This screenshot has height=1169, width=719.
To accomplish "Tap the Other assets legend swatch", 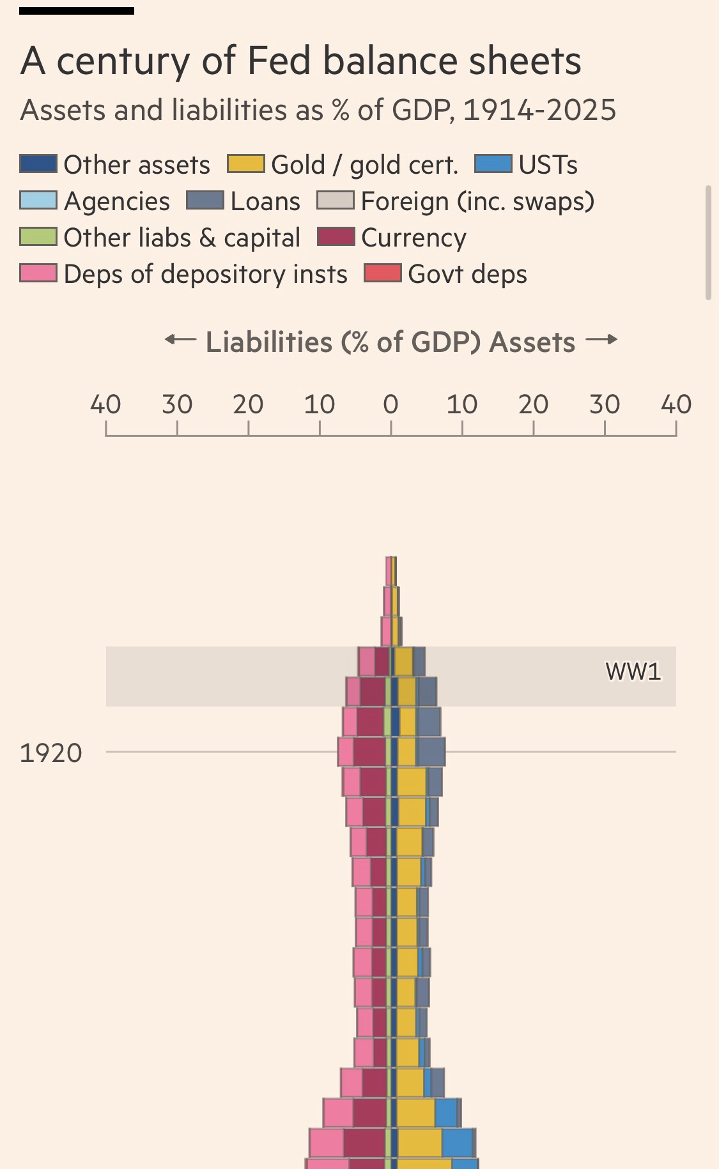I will coord(38,164).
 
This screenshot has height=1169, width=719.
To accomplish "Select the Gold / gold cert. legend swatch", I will coord(246,164).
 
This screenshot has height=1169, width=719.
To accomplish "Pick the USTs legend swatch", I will coord(493,164).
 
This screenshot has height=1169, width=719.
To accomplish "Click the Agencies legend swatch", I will coord(38,201).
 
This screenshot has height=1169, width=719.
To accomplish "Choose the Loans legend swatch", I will coord(205,201).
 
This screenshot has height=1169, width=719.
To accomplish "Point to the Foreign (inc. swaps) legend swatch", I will coord(336,201).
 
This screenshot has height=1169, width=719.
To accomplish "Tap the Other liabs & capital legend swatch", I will coord(38,237).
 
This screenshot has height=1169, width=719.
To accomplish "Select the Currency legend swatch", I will coord(336,237).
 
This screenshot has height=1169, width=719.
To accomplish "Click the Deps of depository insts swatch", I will coord(38,273).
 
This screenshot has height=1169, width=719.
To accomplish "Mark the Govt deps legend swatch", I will coord(382,273).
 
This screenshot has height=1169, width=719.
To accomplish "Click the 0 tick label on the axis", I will coord(390,404).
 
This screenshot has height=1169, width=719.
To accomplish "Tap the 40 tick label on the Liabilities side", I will coord(105,404).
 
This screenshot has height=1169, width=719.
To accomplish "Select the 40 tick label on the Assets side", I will coord(676,404).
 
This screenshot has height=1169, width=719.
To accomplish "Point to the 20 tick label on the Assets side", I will coord(533,404).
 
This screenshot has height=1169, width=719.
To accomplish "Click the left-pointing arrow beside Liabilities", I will coord(180,340).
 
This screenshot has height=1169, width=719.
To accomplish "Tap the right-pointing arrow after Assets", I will coord(601,340).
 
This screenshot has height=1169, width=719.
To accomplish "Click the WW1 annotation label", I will coord(633,671).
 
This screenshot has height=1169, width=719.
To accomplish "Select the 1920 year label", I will coord(51,753).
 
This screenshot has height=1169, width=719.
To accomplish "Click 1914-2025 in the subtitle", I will coord(539,110).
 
